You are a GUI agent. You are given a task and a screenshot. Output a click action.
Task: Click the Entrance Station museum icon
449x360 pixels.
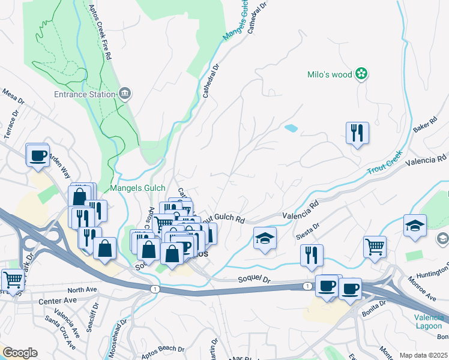(x=125, y=94)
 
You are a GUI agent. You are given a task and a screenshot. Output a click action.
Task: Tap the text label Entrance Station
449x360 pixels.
(x=84, y=94)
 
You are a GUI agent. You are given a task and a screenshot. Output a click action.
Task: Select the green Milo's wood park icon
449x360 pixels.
(x=361, y=74)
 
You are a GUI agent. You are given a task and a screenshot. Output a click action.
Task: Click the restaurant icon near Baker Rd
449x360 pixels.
(x=357, y=133)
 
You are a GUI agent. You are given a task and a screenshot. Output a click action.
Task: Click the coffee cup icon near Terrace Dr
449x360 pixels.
(x=37, y=155)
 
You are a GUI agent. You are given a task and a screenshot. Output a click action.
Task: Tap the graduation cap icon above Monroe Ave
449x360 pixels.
(x=415, y=226)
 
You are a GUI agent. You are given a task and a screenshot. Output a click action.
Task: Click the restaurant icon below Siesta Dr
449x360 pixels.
(x=312, y=255)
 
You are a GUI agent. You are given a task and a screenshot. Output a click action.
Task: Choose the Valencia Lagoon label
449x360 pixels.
(x=429, y=322)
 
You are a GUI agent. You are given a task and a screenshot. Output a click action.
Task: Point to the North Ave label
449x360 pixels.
(x=82, y=290)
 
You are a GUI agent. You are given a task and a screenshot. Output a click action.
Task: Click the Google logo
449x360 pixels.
(x=20, y=353)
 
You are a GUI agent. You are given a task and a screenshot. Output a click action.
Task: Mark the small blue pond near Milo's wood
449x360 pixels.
(x=291, y=128)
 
